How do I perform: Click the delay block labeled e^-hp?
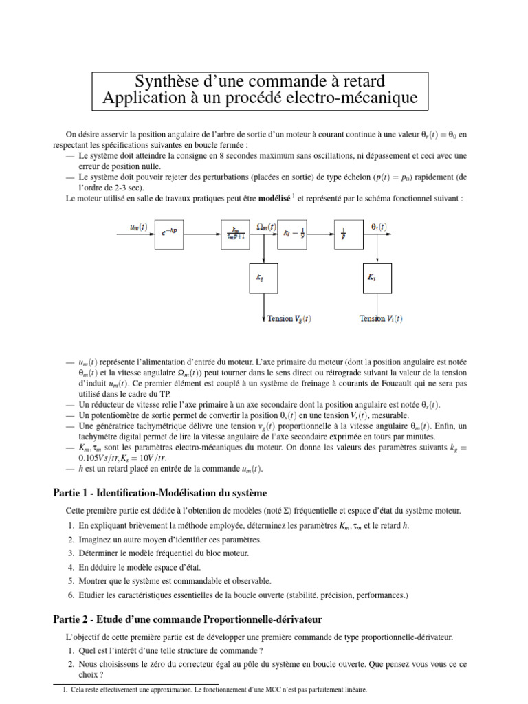(170, 232)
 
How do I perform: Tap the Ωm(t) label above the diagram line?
(265, 226)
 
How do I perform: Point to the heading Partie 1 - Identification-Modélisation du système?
(159, 494)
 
